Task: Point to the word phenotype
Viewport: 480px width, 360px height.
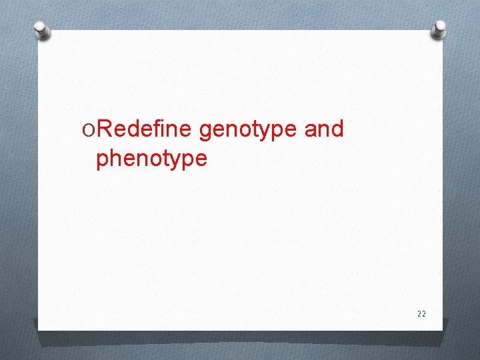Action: (151, 159)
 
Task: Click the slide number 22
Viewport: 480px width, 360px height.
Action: (421, 313)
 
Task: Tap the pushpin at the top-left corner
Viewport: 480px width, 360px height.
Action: (42, 30)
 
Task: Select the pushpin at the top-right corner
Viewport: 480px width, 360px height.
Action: (439, 28)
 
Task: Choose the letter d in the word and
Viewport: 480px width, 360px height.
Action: (336, 129)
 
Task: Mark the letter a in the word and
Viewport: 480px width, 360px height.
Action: (310, 130)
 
